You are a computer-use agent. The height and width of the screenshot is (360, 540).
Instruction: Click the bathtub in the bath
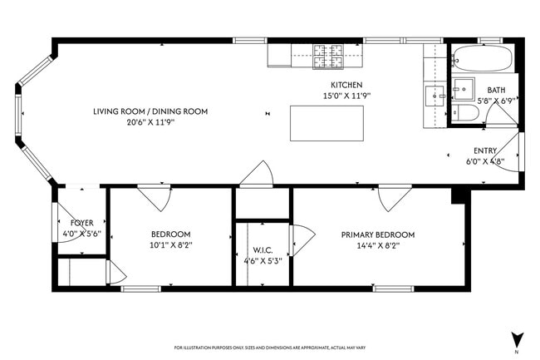(x=481, y=59)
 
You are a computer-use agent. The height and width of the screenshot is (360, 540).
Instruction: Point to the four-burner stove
(x=327, y=56)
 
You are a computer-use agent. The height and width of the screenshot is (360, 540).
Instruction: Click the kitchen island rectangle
(x=316, y=123)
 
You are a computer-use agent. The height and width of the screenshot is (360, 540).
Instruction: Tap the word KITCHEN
(x=346, y=86)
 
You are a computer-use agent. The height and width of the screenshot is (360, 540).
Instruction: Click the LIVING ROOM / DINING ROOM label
(x=150, y=111)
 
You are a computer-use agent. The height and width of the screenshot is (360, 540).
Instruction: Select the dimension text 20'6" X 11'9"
(x=150, y=122)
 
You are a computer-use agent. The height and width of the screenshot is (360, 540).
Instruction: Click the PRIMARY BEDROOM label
(x=377, y=234)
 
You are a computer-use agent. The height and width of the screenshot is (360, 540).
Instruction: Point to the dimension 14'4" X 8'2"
(x=377, y=245)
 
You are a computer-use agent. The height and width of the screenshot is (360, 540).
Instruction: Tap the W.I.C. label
(x=263, y=250)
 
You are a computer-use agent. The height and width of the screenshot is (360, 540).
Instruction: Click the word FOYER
(x=81, y=223)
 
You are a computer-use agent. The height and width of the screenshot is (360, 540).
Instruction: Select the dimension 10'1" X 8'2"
(x=170, y=245)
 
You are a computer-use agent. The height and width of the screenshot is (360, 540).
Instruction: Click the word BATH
(x=496, y=90)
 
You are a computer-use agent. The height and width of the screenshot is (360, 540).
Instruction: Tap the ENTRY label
(x=485, y=150)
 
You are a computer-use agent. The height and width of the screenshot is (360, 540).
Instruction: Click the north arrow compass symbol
(x=518, y=339)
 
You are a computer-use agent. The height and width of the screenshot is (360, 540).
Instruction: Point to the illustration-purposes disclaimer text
(x=269, y=348)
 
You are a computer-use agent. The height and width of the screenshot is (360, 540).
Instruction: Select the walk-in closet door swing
(x=300, y=239)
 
